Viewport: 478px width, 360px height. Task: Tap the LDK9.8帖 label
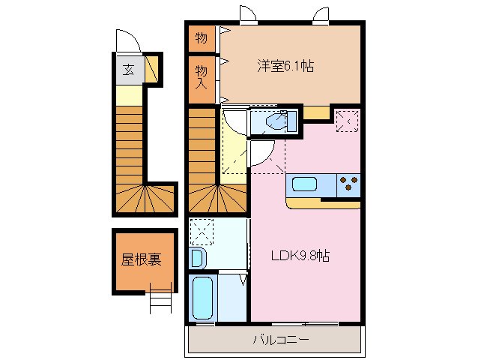click(300, 256)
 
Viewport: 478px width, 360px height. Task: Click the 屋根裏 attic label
click(142, 260)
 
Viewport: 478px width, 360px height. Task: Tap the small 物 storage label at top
click(201, 37)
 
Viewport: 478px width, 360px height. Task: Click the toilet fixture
click(276, 121)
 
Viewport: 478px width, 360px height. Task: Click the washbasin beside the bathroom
click(197, 259)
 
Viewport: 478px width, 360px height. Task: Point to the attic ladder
click(161, 300)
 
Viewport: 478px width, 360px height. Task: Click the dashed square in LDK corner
click(347, 120)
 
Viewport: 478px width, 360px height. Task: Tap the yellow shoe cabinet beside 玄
click(152, 70)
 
